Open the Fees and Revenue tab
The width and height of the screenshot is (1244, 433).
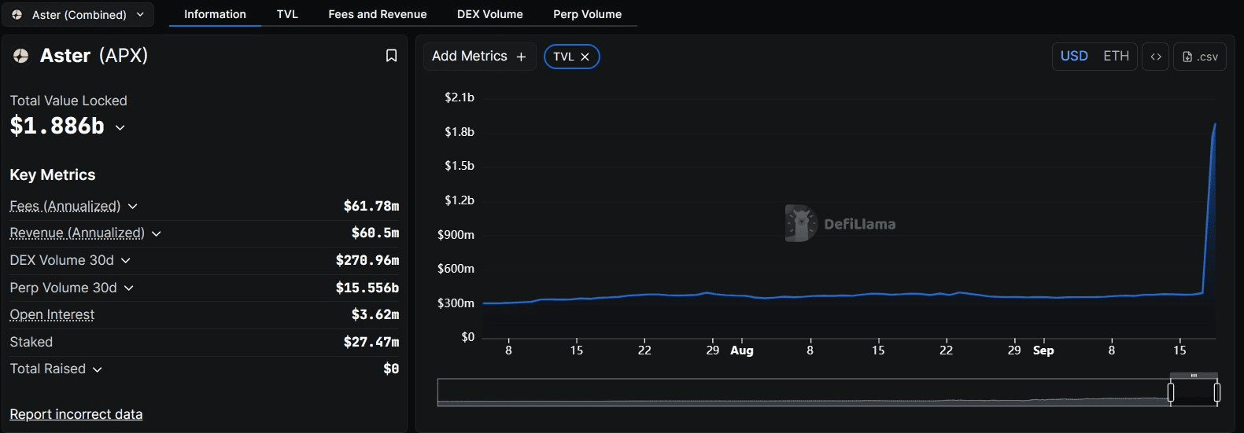377,14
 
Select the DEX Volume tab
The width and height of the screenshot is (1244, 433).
489,14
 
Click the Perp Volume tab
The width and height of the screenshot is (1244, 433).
587,14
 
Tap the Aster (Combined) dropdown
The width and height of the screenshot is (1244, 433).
79,14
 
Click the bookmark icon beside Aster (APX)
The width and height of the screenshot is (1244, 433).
391,56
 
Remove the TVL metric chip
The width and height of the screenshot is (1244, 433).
585,57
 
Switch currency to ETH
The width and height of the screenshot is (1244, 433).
1116,56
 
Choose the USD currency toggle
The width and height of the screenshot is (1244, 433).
1074,56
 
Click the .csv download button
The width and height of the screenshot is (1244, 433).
1200,57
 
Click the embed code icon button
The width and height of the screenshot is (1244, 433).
1156,57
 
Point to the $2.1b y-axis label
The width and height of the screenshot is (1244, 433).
460,97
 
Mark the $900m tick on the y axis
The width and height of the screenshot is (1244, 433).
456,234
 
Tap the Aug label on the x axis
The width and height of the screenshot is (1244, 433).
742,350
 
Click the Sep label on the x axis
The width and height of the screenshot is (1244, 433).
1043,350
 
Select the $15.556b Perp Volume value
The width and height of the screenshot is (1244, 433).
367,288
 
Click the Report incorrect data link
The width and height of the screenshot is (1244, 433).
76,414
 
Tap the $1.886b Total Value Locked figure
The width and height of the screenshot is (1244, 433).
57,126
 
